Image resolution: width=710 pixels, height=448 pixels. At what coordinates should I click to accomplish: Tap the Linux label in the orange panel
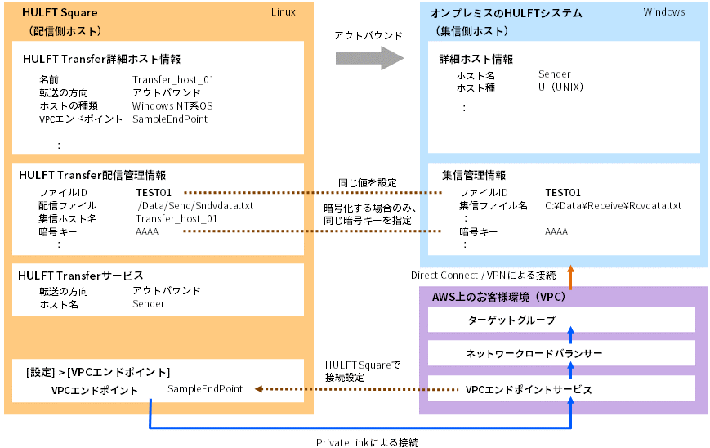pos(283,11)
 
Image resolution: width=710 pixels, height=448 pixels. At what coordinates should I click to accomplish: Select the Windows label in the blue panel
pos(663,12)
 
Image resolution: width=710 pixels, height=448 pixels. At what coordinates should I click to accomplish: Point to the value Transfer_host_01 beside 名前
pos(173,79)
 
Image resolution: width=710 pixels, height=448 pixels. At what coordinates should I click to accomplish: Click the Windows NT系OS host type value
pos(172,105)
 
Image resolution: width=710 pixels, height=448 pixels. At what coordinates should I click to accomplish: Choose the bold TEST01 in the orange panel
pos(154,192)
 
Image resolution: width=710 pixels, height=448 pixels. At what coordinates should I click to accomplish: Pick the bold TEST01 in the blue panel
pos(563,192)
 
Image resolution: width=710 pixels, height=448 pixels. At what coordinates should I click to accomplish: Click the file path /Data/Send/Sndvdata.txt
pos(195,205)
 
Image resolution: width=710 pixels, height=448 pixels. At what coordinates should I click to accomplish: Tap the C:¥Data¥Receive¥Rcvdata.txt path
pos(613,205)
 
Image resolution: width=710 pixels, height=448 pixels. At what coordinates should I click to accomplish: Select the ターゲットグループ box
pos(562,319)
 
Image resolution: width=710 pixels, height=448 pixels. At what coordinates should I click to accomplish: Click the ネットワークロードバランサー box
pos(562,353)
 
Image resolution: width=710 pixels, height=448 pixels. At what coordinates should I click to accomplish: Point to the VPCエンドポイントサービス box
pos(562,389)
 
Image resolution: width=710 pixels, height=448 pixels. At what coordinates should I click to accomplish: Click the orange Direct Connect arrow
pos(571,277)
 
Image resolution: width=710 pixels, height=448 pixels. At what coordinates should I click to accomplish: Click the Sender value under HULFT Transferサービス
pos(149,304)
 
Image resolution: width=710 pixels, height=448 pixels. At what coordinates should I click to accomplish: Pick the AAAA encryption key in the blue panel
pos(556,232)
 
